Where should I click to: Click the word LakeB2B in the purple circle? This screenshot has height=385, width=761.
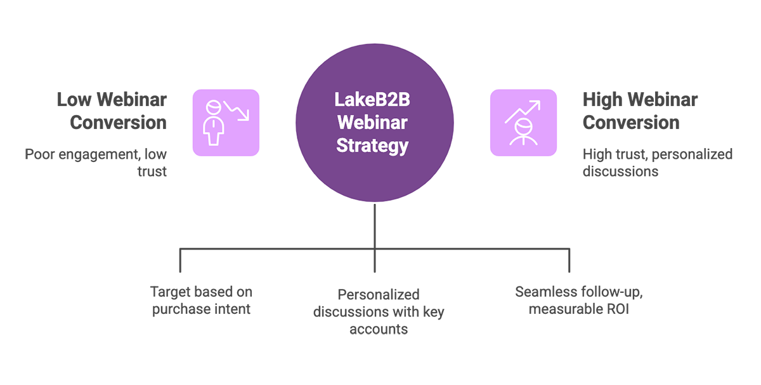click(x=374, y=100)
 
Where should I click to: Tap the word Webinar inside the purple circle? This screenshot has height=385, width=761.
click(x=374, y=122)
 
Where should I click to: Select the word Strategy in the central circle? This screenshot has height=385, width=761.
click(x=374, y=145)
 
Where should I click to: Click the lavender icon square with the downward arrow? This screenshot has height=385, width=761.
click(x=226, y=123)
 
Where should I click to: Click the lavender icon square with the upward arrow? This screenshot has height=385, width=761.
click(x=523, y=123)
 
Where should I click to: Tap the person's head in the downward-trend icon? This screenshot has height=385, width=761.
click(x=215, y=107)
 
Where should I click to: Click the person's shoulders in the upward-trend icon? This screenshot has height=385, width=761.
click(x=523, y=140)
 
